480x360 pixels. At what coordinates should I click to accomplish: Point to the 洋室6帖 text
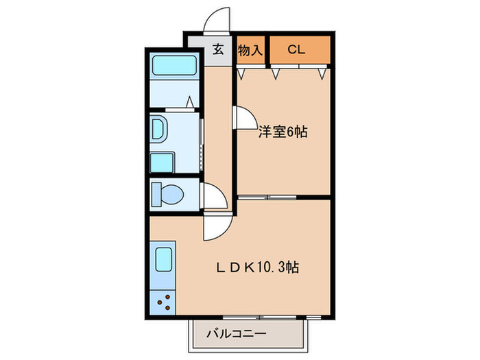click(x=282, y=132)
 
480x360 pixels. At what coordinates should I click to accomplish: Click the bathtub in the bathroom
click(x=174, y=67)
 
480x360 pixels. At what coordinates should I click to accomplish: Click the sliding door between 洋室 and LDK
click(x=267, y=197)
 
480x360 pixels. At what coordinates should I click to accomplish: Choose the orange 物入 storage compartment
click(x=250, y=49)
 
